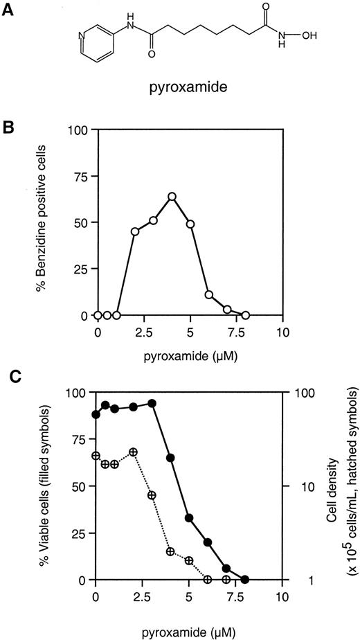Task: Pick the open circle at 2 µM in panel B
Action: point(135,231)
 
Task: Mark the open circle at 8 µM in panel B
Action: point(246,315)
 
